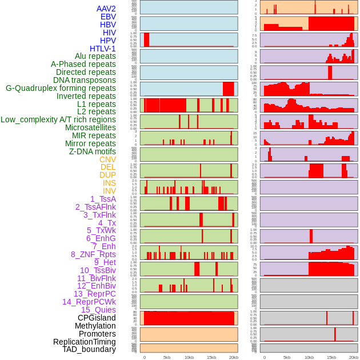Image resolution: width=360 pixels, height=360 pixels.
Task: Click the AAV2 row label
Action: coord(106,9)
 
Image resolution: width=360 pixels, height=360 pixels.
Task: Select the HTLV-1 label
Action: coord(103,49)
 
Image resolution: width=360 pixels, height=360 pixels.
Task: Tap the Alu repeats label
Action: coord(95,56)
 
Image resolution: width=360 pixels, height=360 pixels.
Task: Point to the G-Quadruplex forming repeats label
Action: coord(61,88)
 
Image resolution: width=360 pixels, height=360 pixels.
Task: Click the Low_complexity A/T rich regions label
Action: coord(58,119)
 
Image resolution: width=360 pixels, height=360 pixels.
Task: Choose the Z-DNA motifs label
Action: coord(93,151)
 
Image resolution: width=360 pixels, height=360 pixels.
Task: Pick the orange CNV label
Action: coord(107,159)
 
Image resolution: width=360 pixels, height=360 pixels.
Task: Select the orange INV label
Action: coord(109,191)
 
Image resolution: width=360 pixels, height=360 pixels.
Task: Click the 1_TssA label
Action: coord(103,199)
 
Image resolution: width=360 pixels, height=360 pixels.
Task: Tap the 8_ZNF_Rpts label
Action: coord(93,254)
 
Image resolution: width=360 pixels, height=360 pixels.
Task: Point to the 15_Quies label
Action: coord(98,310)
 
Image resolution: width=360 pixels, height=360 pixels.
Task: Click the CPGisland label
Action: coord(97,318)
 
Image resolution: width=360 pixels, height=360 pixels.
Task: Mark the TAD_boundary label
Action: coord(89,349)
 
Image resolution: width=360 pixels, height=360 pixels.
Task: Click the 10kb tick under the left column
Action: coord(189,358)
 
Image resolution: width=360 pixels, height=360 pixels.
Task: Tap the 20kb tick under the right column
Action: coord(354,358)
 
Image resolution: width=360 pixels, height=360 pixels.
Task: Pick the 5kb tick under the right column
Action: coord(287,358)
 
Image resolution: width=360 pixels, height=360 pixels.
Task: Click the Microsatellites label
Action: coord(90,127)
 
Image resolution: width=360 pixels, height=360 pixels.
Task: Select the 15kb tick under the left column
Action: coord(211,358)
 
